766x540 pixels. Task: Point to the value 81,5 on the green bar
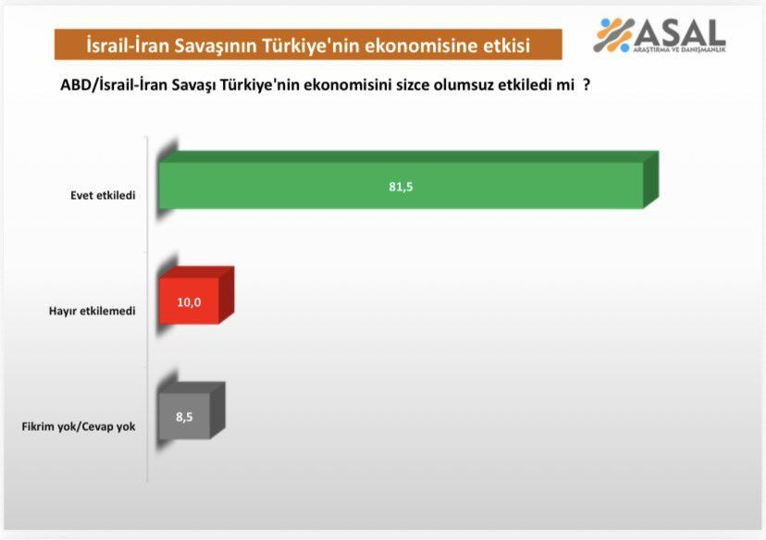click(401, 186)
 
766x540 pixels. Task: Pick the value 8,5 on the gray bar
click(185, 416)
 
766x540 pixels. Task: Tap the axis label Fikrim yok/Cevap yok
click(78, 426)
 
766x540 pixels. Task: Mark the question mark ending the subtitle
click(587, 85)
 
